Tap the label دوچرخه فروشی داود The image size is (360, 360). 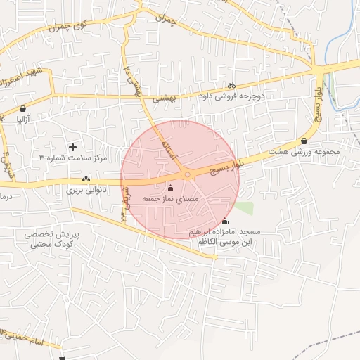click(x=232, y=96)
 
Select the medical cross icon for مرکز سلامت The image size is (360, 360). click(x=72, y=146)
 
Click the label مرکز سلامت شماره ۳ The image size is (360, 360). click(x=73, y=157)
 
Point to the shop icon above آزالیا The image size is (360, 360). click(x=24, y=109)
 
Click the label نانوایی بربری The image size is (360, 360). click(x=84, y=190)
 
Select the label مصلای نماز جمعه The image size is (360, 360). click(x=172, y=200)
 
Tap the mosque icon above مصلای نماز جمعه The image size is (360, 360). click(x=170, y=188)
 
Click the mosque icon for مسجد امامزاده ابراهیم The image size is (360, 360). click(x=224, y=221)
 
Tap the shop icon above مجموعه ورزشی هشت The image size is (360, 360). click(x=304, y=141)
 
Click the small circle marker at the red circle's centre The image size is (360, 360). click(x=187, y=174)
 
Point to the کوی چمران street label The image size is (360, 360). click(x=66, y=25)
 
